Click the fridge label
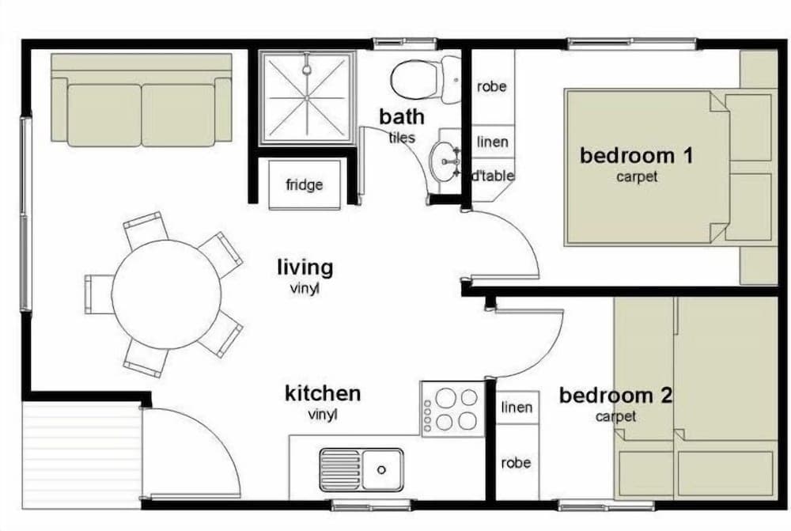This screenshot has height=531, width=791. pyautogui.click(x=304, y=184)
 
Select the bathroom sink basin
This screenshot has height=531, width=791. pyautogui.click(x=444, y=161)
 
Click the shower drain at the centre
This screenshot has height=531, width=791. pyautogui.click(x=305, y=97)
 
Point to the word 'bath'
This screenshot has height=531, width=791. pyautogui.click(x=402, y=116)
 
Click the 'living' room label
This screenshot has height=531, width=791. pyautogui.click(x=305, y=267)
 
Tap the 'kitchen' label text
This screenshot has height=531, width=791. pyautogui.click(x=323, y=393)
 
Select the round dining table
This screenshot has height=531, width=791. pyautogui.click(x=166, y=294)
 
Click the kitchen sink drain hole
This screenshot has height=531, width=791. pyautogui.click(x=381, y=470)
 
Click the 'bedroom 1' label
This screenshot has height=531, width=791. pyautogui.click(x=637, y=155)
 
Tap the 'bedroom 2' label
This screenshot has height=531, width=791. pyautogui.click(x=615, y=395)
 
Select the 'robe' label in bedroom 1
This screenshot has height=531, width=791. pyautogui.click(x=491, y=87)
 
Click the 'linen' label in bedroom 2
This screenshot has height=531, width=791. pyautogui.click(x=517, y=408)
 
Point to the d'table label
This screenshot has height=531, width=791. pyautogui.click(x=492, y=176)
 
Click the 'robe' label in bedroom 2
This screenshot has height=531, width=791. pyautogui.click(x=516, y=463)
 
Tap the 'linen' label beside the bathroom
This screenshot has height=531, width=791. pyautogui.click(x=492, y=142)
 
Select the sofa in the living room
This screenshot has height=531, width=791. pyautogui.click(x=142, y=100)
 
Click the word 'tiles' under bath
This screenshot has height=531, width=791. pyautogui.click(x=402, y=137)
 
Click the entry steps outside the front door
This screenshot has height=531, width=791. pyautogui.click(x=81, y=455)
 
